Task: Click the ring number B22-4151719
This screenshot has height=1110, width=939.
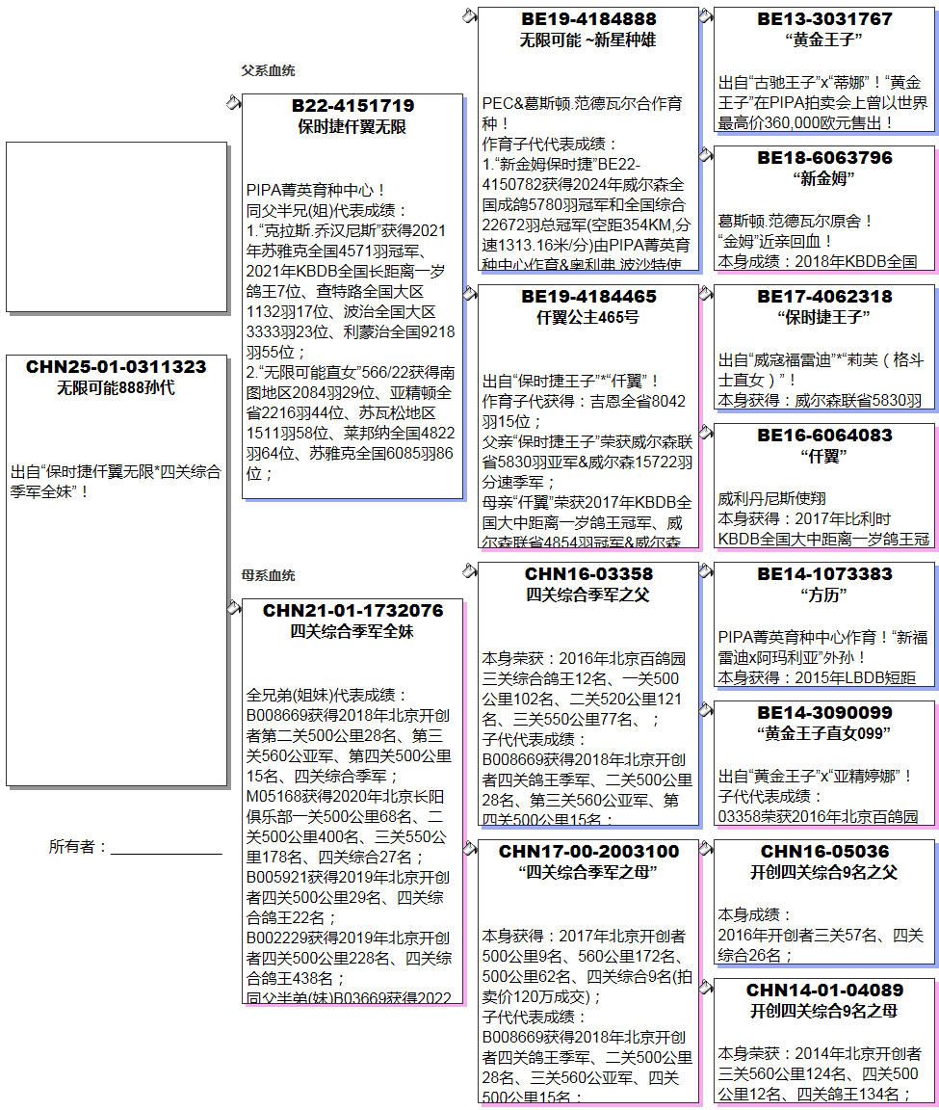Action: [x=352, y=106]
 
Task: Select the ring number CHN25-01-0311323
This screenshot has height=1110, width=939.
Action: [x=117, y=367]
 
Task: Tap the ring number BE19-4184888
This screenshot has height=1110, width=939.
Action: [x=588, y=19]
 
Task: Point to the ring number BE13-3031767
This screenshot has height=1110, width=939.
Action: [x=824, y=19]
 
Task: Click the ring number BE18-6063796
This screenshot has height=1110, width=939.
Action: [x=824, y=158]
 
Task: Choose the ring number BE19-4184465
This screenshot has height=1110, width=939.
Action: [x=588, y=297]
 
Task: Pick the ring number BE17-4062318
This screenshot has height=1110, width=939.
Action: [x=824, y=297]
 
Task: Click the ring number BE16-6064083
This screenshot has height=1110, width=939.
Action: [x=824, y=436]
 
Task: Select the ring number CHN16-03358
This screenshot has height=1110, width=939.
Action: [x=588, y=574]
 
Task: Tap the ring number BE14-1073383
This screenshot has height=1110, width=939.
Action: [x=824, y=574]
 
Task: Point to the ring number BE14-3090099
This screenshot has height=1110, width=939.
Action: [x=824, y=713]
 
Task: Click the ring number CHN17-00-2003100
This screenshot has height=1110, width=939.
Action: [x=588, y=852]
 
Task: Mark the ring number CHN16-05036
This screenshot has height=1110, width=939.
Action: [x=824, y=852]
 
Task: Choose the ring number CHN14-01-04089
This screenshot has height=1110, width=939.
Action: [x=824, y=991]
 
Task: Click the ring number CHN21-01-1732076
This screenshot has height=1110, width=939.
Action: [x=352, y=611]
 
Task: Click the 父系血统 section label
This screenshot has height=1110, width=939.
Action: [x=268, y=70]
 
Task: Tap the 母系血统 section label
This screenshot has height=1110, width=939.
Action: [x=268, y=575]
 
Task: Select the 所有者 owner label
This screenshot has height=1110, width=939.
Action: [x=77, y=847]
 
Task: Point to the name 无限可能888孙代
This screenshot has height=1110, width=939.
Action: [x=117, y=388]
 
